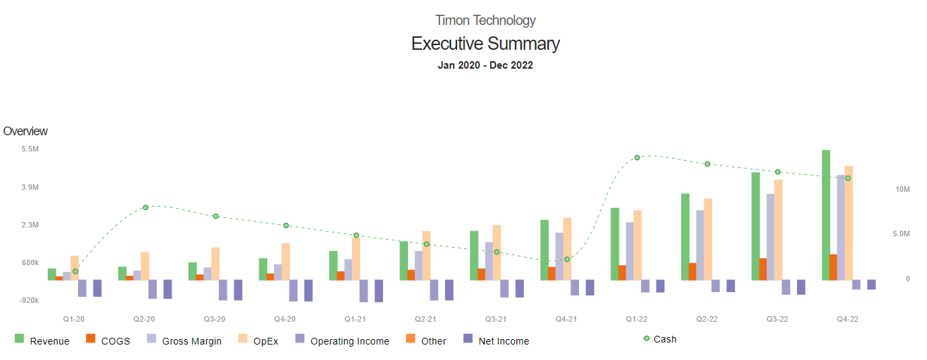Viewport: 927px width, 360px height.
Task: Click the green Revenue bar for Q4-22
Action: pos(826,215)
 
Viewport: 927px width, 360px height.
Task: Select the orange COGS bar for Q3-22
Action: pos(763,269)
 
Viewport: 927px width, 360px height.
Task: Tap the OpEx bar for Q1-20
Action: pos(75,268)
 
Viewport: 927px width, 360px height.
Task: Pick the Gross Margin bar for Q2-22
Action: pos(700,245)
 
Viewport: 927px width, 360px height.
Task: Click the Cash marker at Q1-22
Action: pos(637,157)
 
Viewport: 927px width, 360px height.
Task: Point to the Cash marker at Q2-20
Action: pos(145,207)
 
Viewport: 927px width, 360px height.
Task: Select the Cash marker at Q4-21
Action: pos(567,259)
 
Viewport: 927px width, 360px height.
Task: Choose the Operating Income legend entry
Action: pos(342,341)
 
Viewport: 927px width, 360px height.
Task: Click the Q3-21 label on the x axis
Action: pos(496,319)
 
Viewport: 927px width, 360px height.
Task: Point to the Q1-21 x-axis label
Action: pos(355,319)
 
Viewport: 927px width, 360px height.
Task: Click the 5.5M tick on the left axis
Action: pos(30,149)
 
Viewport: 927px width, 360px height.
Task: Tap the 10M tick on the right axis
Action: pos(902,190)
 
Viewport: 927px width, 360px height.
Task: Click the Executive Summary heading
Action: pos(485,44)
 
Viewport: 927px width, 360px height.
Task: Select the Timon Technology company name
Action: pos(485,20)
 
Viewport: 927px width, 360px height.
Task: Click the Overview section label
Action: pos(26,131)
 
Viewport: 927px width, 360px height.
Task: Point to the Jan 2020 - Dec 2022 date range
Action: pos(485,65)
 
